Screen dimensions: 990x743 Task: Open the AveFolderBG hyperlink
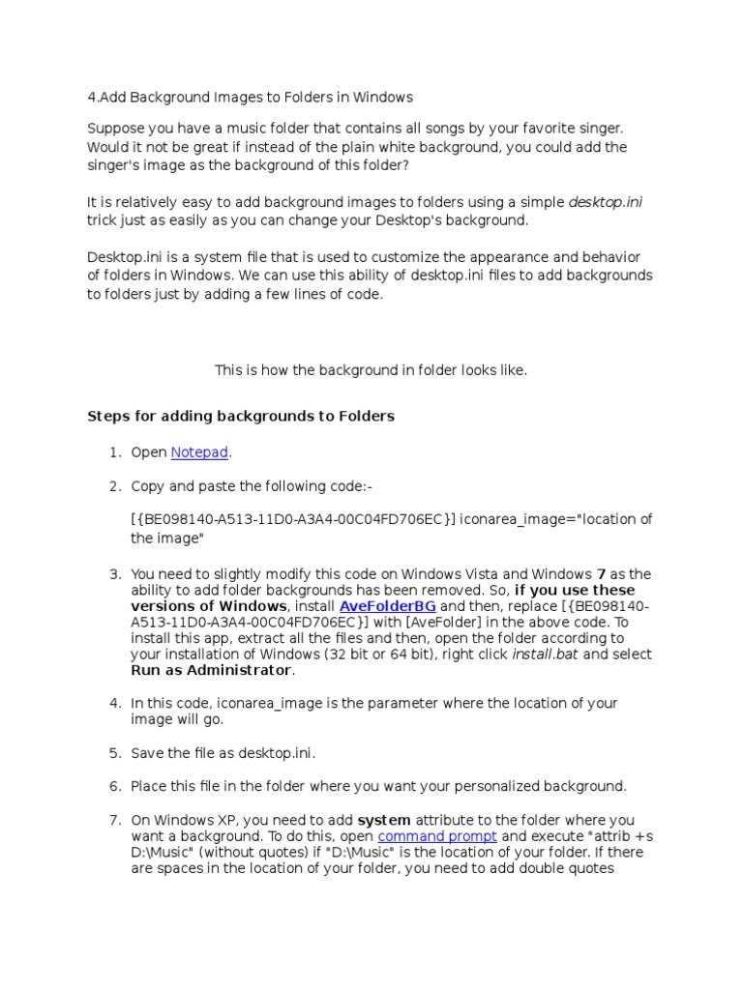click(387, 606)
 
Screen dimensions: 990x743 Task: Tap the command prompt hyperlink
click(437, 836)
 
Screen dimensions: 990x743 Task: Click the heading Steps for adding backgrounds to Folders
click(241, 417)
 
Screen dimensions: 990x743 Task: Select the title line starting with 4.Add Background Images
click(250, 97)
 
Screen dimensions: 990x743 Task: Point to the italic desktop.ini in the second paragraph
click(606, 202)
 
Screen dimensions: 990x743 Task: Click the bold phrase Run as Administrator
click(211, 671)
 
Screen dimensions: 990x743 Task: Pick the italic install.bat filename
click(538, 655)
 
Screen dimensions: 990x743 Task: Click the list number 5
click(113, 753)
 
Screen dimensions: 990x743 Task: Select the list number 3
click(113, 574)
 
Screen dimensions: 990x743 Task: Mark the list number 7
click(113, 820)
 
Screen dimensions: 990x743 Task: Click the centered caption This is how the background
click(371, 370)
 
